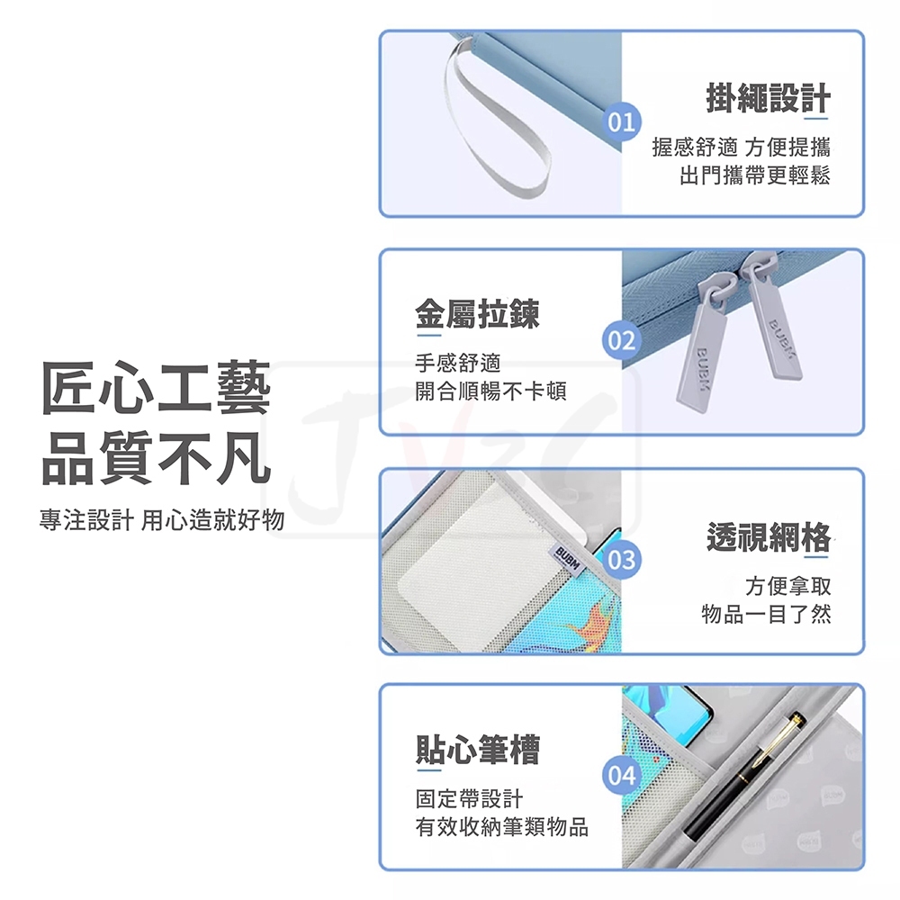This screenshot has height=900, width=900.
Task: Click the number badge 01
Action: [622, 122]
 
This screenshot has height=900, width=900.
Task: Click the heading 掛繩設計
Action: [768, 98]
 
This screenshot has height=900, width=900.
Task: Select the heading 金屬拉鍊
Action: [478, 314]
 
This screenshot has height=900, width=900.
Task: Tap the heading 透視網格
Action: [769, 537]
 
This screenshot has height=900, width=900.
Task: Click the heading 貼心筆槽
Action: [478, 750]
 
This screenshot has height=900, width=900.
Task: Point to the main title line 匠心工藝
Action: [156, 389]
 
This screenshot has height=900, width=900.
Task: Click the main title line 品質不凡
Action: [156, 458]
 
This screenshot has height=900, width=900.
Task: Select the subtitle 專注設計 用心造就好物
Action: [162, 519]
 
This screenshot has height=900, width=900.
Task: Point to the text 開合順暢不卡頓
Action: [490, 391]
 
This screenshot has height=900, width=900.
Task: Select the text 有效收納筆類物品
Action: [502, 827]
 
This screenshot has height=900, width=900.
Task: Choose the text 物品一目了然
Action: [766, 614]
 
